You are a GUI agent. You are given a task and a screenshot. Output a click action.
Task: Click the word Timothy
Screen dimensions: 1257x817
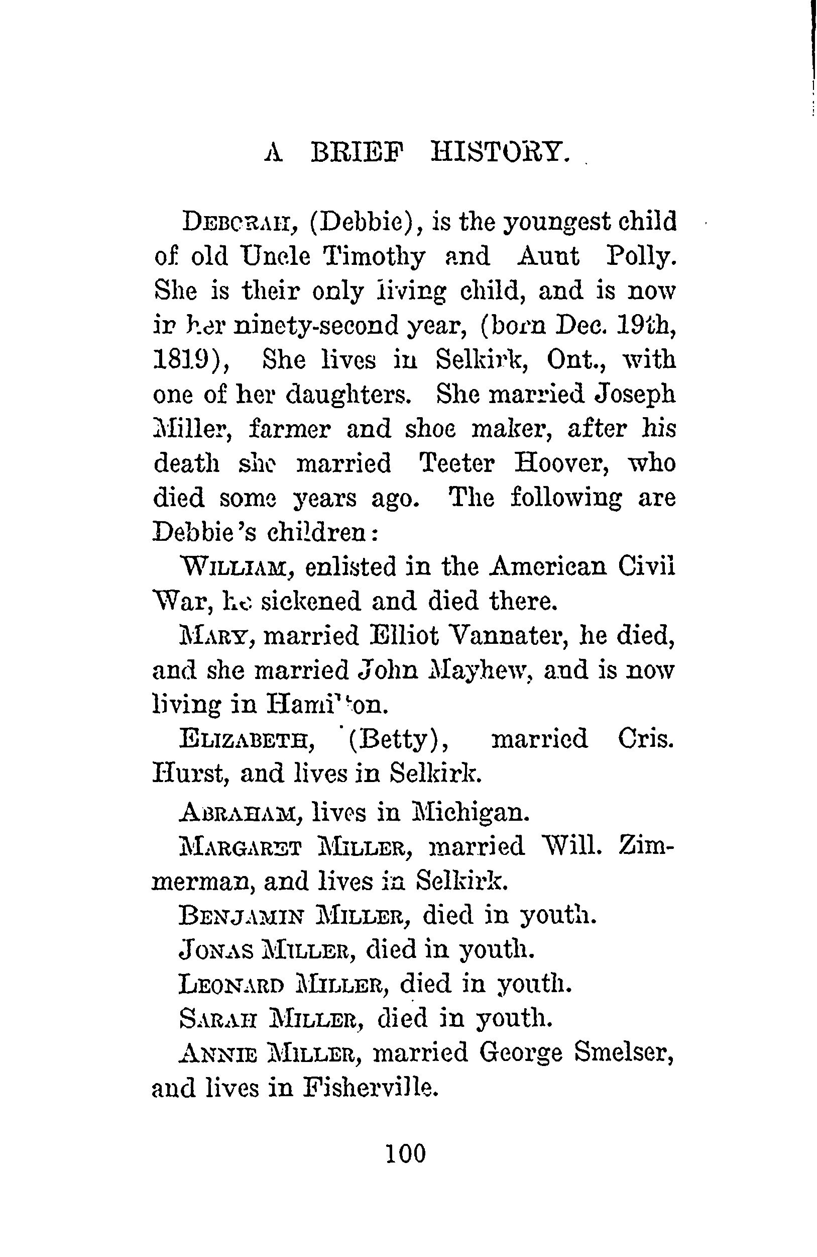(375, 257)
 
